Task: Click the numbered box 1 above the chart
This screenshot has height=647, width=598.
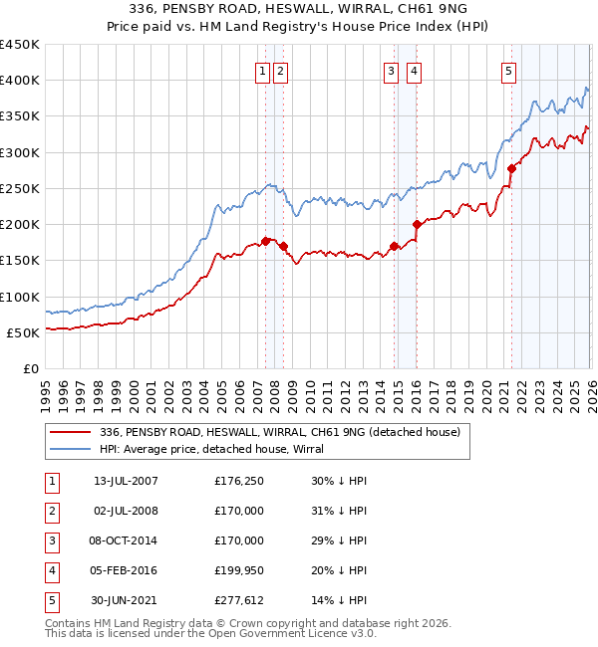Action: click(x=262, y=71)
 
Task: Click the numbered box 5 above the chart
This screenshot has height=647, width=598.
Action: click(x=508, y=71)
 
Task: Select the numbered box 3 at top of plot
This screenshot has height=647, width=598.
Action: click(x=391, y=71)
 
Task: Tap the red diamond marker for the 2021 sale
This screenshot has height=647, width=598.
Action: click(x=511, y=168)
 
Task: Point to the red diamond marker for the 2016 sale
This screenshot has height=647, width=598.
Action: click(x=417, y=224)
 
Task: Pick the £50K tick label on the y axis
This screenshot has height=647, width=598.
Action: click(x=24, y=332)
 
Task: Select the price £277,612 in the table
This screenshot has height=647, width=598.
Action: click(x=239, y=600)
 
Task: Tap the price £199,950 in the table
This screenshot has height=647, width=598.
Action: click(x=239, y=570)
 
